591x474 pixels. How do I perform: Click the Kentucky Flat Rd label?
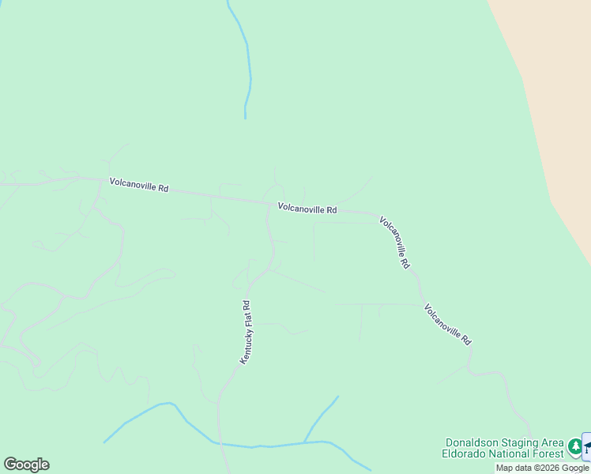click(246, 332)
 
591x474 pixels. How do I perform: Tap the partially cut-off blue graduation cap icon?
click(586, 447)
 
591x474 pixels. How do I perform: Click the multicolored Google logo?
click(26, 465)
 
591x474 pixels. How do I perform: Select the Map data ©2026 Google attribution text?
click(542, 468)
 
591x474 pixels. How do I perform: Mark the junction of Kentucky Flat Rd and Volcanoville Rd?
click(269, 203)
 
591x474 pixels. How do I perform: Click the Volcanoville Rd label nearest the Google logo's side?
click(139, 187)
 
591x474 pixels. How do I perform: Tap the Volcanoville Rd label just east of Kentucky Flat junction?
click(307, 209)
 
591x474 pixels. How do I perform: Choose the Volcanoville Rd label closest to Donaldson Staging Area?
click(447, 324)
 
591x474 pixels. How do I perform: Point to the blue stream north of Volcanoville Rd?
click(248, 63)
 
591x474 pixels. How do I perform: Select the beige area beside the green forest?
click(553, 95)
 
